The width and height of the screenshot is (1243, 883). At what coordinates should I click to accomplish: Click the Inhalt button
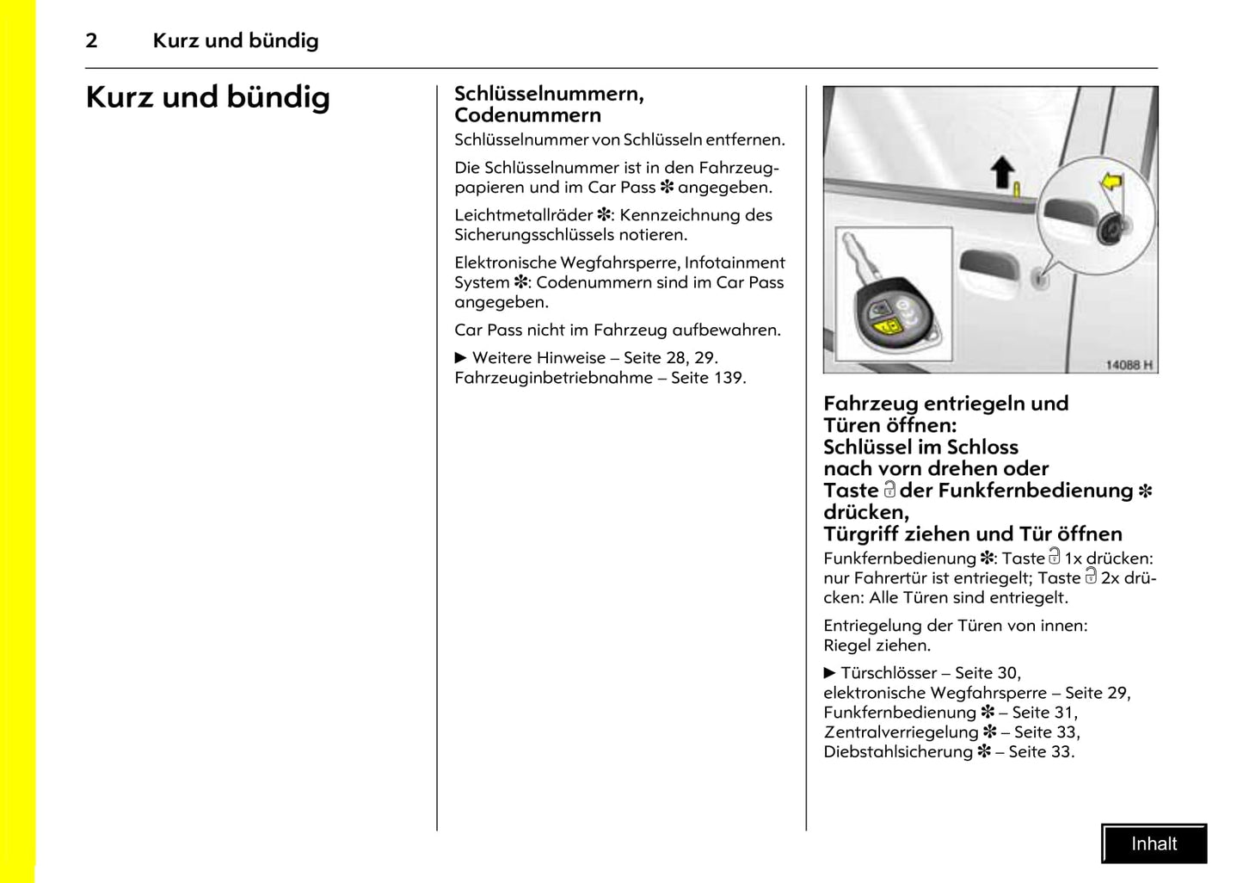tap(1154, 843)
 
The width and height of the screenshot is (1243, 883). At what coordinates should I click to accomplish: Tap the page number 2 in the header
tap(91, 40)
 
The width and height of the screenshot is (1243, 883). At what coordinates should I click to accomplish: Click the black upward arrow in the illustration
tap(1002, 172)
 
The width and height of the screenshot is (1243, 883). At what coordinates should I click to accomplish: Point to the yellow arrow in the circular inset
tap(1111, 182)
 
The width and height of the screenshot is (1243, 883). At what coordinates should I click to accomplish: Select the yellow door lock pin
tap(1017, 189)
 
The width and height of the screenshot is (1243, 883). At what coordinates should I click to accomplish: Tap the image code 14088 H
tap(1129, 365)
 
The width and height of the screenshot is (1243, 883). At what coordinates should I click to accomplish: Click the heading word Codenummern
tap(527, 115)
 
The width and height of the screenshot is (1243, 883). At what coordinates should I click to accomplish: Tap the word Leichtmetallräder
tap(523, 215)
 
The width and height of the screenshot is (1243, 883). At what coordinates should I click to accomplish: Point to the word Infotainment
tap(735, 262)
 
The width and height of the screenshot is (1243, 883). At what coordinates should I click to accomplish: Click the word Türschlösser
tap(888, 673)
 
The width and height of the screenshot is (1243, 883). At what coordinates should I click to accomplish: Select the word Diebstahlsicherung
tap(897, 752)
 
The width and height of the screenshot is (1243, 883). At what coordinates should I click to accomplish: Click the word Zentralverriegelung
tap(901, 732)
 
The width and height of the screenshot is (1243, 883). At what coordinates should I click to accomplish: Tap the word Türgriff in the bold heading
tap(861, 534)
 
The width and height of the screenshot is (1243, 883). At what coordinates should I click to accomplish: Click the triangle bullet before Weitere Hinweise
tap(460, 358)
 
